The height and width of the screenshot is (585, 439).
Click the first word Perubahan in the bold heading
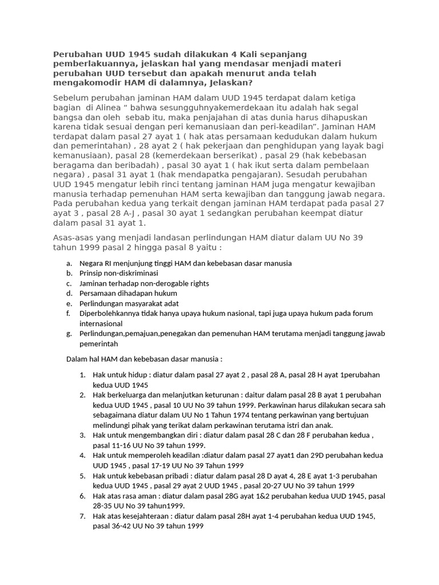[77, 54]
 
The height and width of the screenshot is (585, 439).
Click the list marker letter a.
[69, 263]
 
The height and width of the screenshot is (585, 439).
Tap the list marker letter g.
[69, 334]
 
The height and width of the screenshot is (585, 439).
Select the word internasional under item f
[101, 323]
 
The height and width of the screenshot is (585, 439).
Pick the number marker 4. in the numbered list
[82, 455]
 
